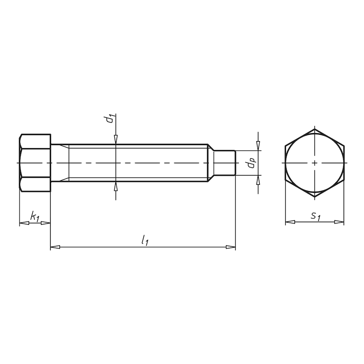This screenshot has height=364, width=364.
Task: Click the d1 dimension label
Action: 109,120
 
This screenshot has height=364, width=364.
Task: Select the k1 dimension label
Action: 35,216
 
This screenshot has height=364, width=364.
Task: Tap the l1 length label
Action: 145,239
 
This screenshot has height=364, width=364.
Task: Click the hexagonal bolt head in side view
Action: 35,162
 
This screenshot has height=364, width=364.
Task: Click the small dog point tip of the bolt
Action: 225,162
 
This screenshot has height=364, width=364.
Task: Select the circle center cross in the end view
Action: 314,162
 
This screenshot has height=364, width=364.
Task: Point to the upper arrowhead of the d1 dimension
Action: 116,140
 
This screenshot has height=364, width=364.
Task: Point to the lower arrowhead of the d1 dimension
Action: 116,185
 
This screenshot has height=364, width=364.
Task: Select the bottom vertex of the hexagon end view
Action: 314,197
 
